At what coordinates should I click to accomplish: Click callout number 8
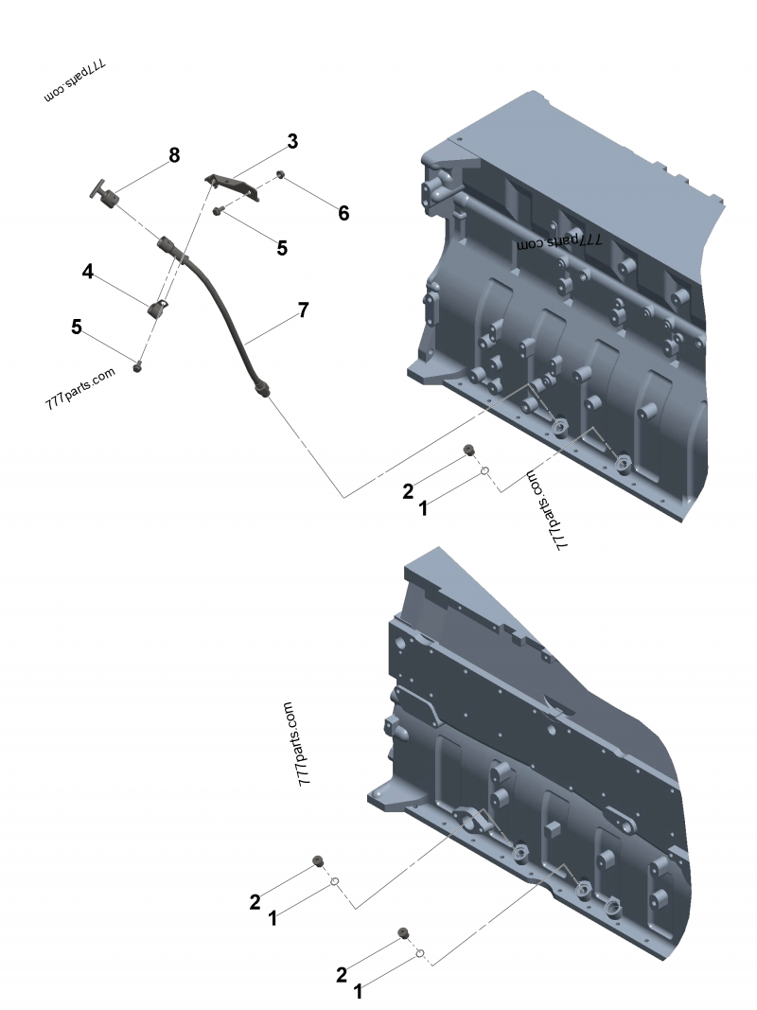click(174, 155)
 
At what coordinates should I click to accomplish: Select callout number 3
click(292, 141)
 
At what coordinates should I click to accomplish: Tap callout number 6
click(343, 214)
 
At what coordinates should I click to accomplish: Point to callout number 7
click(303, 310)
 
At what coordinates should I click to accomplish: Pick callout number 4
click(88, 272)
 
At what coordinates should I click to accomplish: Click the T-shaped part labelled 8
click(108, 197)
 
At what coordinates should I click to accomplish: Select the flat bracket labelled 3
click(232, 186)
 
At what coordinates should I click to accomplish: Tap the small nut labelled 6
click(281, 175)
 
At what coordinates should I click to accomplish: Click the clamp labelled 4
click(157, 308)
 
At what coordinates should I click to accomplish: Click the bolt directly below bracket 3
click(219, 211)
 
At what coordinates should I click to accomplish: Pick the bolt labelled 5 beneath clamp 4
click(138, 366)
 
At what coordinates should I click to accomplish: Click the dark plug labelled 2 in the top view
click(467, 450)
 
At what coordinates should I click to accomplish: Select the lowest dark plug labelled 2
click(404, 934)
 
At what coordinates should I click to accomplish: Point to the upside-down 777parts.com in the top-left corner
click(75, 83)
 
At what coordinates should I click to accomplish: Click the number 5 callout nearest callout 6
click(282, 248)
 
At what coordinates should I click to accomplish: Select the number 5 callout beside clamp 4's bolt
click(77, 327)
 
